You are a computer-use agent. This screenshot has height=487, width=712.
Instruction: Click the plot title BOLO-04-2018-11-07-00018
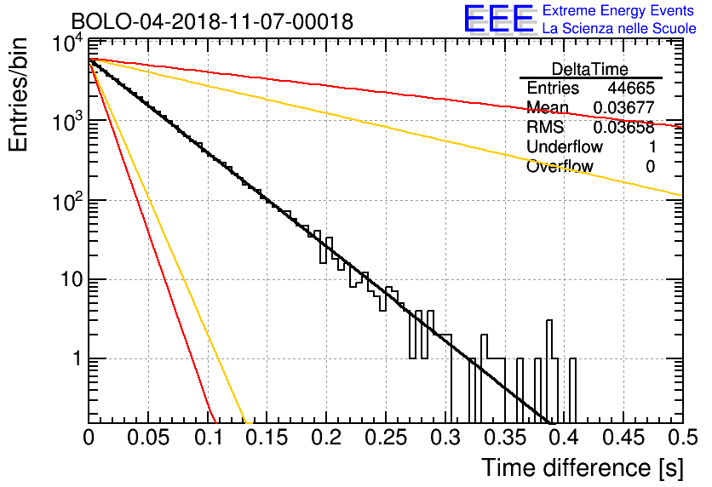pyautogui.click(x=212, y=21)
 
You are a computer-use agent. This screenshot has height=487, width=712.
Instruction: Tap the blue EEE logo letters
pyautogui.click(x=498, y=19)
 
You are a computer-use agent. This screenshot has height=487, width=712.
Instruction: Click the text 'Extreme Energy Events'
pyautogui.click(x=618, y=10)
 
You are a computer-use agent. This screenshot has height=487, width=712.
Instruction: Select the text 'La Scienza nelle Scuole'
pyautogui.click(x=619, y=28)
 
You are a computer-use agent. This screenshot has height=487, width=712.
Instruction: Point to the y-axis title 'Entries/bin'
pyautogui.click(x=18, y=95)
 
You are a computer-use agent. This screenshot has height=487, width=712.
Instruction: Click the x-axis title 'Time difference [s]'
pyautogui.click(x=583, y=468)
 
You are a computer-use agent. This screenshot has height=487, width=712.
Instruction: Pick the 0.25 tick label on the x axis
pyautogui.click(x=385, y=438)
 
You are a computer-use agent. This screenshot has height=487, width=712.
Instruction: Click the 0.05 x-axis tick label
pyautogui.click(x=148, y=438)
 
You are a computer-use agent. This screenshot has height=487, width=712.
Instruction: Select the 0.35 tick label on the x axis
pyautogui.click(x=504, y=438)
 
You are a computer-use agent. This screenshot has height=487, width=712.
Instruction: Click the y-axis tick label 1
pyautogui.click(x=78, y=358)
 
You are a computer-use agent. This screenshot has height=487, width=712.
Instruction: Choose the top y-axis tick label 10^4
pyautogui.click(x=68, y=44)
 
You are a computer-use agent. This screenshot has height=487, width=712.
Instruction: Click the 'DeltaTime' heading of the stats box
pyautogui.click(x=590, y=69)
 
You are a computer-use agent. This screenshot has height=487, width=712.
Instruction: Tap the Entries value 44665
pyautogui.click(x=631, y=88)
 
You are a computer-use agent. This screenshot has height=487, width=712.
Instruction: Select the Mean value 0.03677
pyautogui.click(x=624, y=107)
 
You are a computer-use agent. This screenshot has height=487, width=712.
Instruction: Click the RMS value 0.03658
pyautogui.click(x=624, y=128)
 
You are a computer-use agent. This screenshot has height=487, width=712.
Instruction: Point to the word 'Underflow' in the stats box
pyautogui.click(x=565, y=146)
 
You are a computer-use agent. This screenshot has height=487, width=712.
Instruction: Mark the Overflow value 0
pyautogui.click(x=650, y=167)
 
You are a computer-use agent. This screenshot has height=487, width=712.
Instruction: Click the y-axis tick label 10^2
pyautogui.click(x=68, y=202)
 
